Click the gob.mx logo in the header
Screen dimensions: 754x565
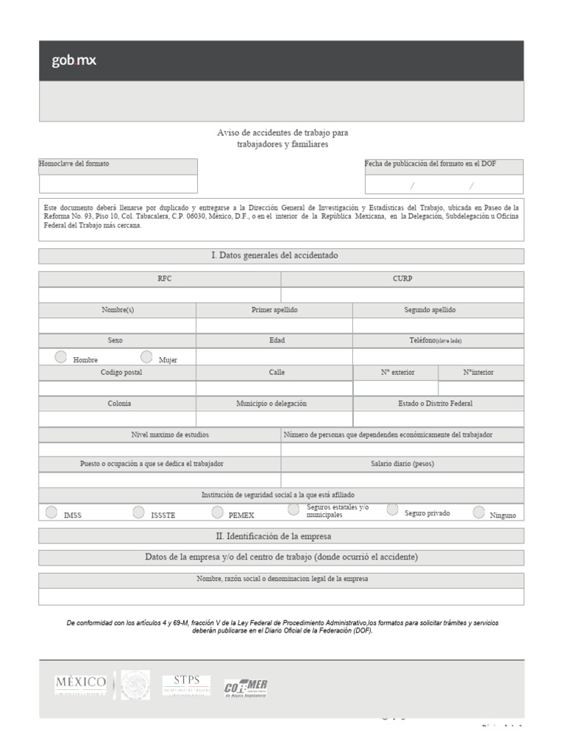(x=74, y=61)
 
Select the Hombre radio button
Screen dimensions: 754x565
(x=60, y=357)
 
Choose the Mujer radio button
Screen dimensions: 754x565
(x=146, y=357)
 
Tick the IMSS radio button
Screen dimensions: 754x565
(x=51, y=512)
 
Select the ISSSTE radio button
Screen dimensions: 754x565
(x=138, y=512)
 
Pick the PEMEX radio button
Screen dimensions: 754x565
(x=217, y=512)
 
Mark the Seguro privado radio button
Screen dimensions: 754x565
(x=393, y=510)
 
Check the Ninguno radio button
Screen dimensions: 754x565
(x=479, y=512)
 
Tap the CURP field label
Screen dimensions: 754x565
(x=402, y=279)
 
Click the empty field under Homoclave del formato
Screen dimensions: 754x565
(x=118, y=184)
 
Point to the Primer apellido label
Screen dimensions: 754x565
(x=274, y=310)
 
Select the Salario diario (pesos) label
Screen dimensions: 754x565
(x=402, y=464)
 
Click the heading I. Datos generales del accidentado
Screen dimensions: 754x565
(x=281, y=256)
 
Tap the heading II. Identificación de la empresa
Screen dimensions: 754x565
(x=281, y=536)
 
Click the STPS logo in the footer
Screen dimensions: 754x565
(x=186, y=685)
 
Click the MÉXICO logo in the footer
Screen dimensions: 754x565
(x=81, y=685)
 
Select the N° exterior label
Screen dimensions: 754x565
(x=397, y=373)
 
